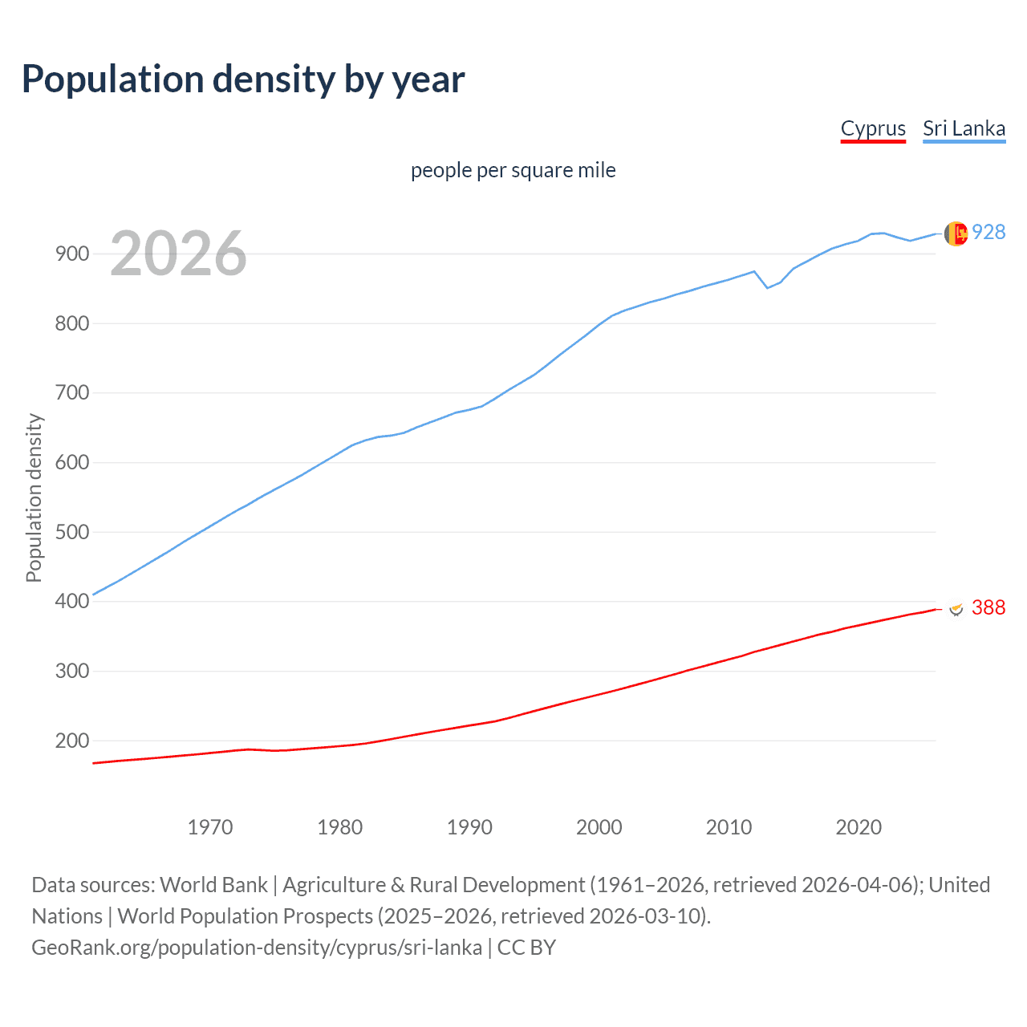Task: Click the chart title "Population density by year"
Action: (x=243, y=79)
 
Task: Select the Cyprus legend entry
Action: (x=873, y=128)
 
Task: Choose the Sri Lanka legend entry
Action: (x=964, y=128)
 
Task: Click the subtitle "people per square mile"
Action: (x=513, y=170)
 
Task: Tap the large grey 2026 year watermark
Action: (x=178, y=254)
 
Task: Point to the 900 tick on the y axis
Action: (x=71, y=254)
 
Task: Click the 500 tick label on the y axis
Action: (x=71, y=532)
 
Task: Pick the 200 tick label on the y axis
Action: (x=71, y=741)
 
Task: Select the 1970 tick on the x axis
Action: (x=210, y=826)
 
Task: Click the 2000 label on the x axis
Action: (x=599, y=826)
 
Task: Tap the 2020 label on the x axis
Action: (x=859, y=826)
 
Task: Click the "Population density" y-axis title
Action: (x=34, y=497)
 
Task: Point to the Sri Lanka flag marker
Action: (x=956, y=233)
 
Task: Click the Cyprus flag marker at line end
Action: (x=956, y=609)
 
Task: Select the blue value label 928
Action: (x=988, y=232)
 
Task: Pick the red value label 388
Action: (x=988, y=607)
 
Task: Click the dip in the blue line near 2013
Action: (x=767, y=287)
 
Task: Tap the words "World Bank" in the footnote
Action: (x=213, y=884)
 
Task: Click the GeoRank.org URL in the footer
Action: (x=257, y=947)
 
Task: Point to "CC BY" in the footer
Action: (x=526, y=947)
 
